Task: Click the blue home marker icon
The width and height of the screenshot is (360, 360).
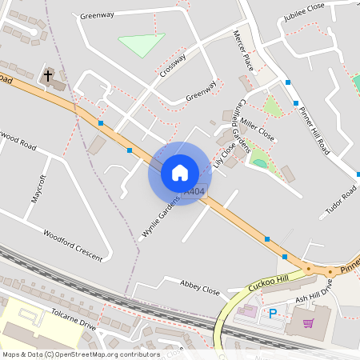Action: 180,173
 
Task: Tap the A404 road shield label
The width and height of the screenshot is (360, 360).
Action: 194,193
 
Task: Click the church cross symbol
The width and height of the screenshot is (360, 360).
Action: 48,76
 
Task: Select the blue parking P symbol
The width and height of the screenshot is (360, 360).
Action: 273,314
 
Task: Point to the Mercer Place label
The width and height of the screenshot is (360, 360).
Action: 242,50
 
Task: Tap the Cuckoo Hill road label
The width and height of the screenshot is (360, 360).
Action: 267,282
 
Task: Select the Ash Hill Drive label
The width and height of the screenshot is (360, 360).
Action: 313,298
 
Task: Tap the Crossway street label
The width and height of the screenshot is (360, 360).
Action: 173,65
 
